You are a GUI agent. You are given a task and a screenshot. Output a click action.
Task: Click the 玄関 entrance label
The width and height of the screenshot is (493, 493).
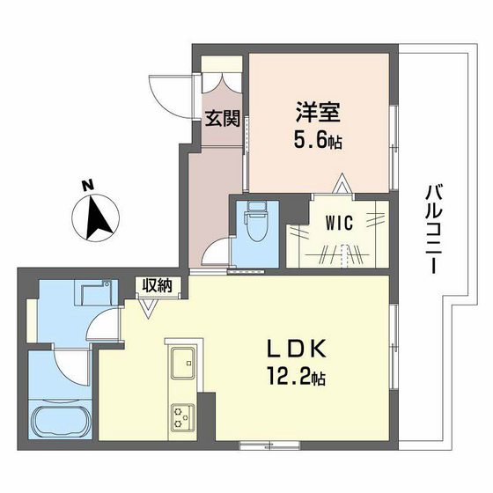224,119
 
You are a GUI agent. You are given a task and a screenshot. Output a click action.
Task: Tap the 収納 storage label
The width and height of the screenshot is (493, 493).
158,284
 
